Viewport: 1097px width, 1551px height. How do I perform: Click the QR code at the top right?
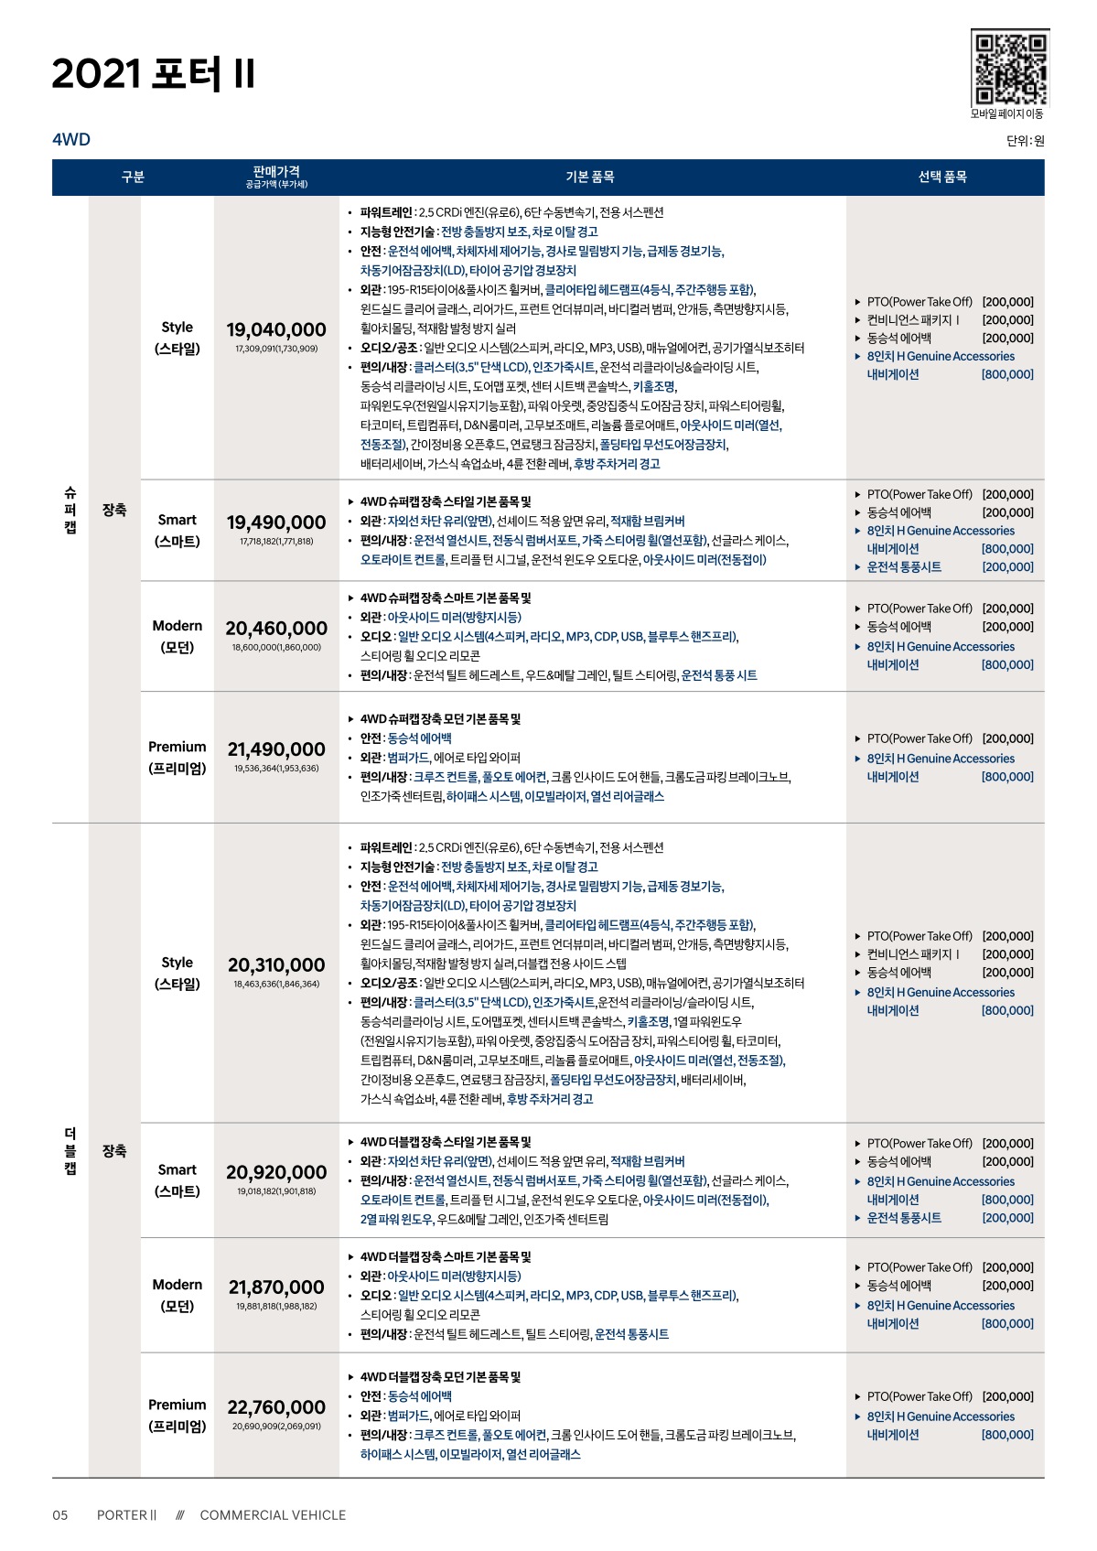pos(1009,68)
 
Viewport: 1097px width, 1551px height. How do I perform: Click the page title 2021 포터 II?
pos(154,74)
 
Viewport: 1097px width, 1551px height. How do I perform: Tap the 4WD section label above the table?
pos(71,139)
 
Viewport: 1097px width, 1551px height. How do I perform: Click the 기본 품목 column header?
pos(590,177)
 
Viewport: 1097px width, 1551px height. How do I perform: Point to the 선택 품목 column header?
pos(942,177)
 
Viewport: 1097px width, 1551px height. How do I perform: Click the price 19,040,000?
pos(276,329)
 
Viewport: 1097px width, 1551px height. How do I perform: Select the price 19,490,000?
pos(276,522)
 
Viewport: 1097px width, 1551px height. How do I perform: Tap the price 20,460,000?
pos(276,629)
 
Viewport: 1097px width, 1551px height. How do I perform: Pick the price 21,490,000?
pos(276,749)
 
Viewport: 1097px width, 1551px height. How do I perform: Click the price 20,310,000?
pos(276,965)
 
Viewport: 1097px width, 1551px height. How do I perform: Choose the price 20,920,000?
pos(276,1172)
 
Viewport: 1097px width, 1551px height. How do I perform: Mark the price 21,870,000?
pos(276,1287)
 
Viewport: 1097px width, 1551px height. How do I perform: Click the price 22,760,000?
pos(276,1407)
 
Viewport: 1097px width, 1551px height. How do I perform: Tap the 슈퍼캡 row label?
pos(70,510)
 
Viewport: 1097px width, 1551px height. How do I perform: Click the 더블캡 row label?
pos(70,1151)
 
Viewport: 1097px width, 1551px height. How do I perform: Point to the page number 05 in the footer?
pos(60,1514)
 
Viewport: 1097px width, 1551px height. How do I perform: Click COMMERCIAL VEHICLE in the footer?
pos(273,1514)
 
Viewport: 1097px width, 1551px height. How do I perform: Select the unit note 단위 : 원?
pos(1025,141)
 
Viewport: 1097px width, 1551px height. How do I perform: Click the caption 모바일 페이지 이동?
pos(1006,114)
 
